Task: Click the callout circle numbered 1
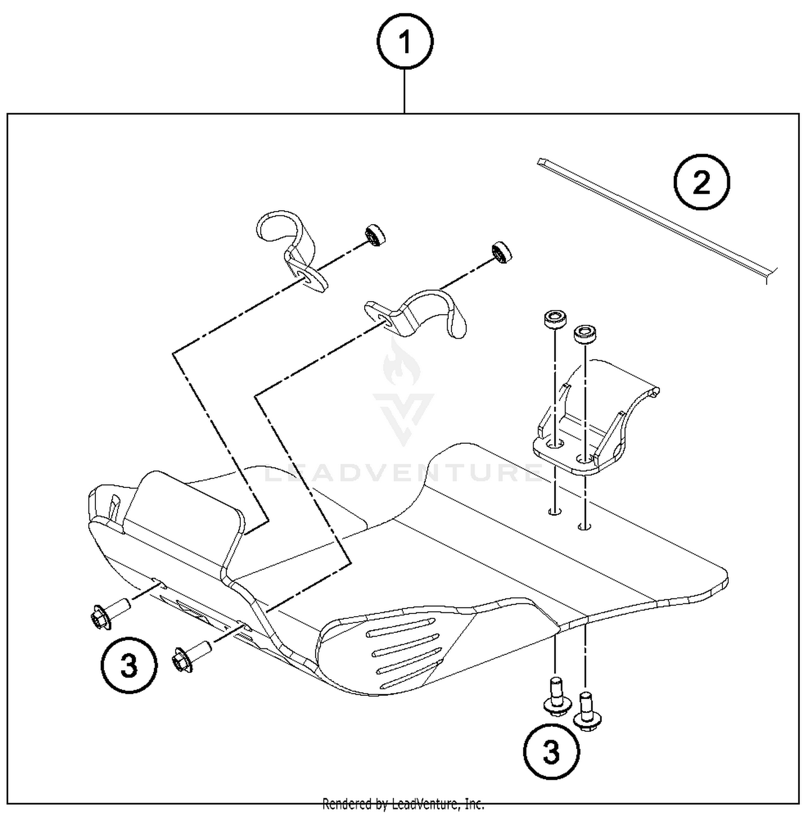[405, 41]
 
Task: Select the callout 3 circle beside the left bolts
[129, 665]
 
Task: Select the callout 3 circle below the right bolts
[551, 751]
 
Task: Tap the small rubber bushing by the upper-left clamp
[375, 235]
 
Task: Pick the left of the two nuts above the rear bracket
[555, 319]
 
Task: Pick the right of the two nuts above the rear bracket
[584, 334]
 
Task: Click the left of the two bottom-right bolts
[555, 698]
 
